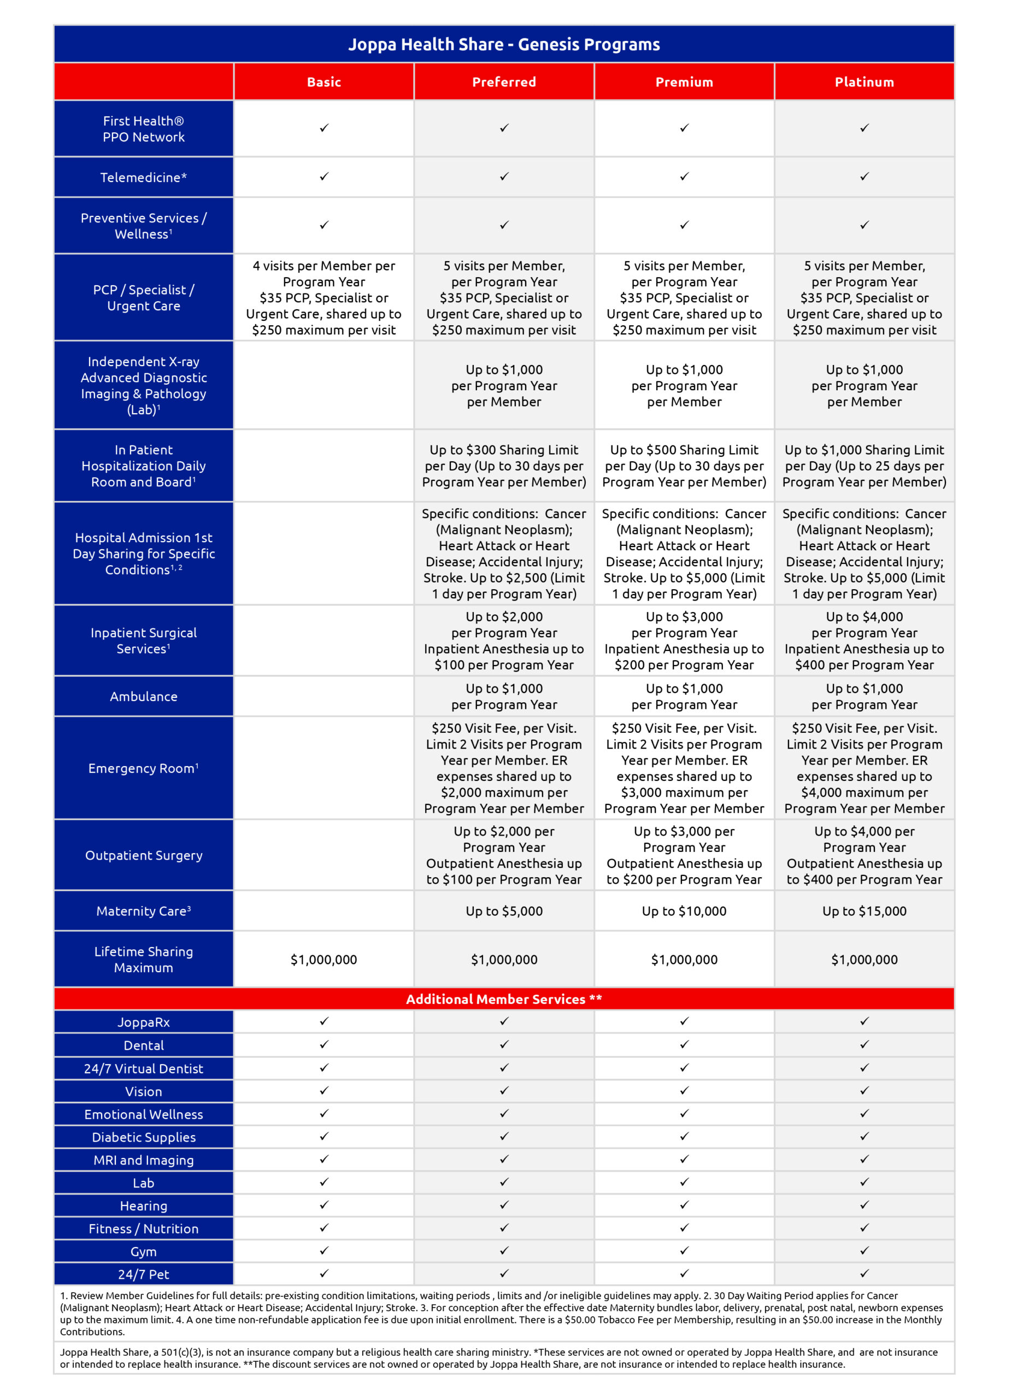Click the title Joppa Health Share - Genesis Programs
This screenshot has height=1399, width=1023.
click(x=503, y=45)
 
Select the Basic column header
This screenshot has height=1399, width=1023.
click(x=324, y=82)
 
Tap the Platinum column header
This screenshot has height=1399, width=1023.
click(x=864, y=82)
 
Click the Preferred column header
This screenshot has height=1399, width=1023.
click(x=504, y=82)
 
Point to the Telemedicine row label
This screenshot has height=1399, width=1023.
click(x=144, y=178)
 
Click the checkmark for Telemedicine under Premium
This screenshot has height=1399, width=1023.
click(x=684, y=177)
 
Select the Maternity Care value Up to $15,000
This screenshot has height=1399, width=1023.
click(x=864, y=911)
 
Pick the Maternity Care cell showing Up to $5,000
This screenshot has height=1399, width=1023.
click(x=504, y=911)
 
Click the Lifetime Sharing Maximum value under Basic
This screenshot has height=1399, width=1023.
click(x=324, y=959)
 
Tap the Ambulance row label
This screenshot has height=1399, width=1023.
click(x=144, y=697)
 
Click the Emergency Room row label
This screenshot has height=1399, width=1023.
click(x=144, y=768)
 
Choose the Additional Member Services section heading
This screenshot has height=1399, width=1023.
click(x=503, y=999)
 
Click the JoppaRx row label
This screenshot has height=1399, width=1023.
click(x=144, y=1022)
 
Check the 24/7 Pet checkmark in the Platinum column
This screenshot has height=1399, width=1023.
click(x=864, y=1273)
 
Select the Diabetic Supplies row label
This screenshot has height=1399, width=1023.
click(x=144, y=1137)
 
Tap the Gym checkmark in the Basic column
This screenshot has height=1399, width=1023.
click(x=324, y=1250)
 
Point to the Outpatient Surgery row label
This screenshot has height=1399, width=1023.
click(x=144, y=855)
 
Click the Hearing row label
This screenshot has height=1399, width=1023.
click(x=144, y=1206)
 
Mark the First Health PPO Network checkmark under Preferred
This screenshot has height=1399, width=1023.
click(x=504, y=128)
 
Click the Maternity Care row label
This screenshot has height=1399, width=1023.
click(x=144, y=911)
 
